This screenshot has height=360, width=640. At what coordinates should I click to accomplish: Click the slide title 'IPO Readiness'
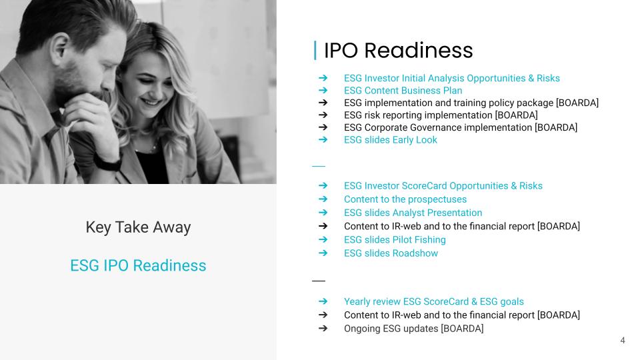click(x=399, y=51)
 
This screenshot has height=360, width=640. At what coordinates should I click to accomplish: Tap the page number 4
click(x=623, y=340)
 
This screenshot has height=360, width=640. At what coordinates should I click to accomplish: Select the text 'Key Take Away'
click(x=138, y=227)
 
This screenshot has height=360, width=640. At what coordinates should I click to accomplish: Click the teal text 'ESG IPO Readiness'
click(x=138, y=265)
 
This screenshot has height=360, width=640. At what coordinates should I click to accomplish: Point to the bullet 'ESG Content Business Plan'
click(x=403, y=91)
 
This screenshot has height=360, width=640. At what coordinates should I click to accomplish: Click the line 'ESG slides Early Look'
click(x=390, y=140)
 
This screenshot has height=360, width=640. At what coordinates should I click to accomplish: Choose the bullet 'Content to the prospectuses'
click(x=405, y=199)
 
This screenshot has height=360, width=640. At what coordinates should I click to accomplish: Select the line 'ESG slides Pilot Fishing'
click(x=395, y=239)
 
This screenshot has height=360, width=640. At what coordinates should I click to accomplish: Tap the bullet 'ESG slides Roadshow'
click(x=391, y=253)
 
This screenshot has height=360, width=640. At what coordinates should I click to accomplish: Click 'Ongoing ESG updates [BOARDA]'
click(x=413, y=329)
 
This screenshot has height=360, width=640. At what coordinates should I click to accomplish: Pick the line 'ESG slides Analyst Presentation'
click(x=413, y=213)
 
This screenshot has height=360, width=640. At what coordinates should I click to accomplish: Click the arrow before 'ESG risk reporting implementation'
click(x=323, y=115)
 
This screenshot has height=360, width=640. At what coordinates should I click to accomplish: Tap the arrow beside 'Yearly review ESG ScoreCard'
click(x=323, y=301)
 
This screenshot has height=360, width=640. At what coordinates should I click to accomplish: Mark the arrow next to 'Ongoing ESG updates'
click(x=323, y=328)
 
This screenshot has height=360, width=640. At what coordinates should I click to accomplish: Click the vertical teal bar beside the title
click(x=315, y=51)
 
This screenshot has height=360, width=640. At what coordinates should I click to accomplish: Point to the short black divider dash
click(x=319, y=281)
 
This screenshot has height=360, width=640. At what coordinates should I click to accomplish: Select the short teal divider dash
click(x=319, y=166)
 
